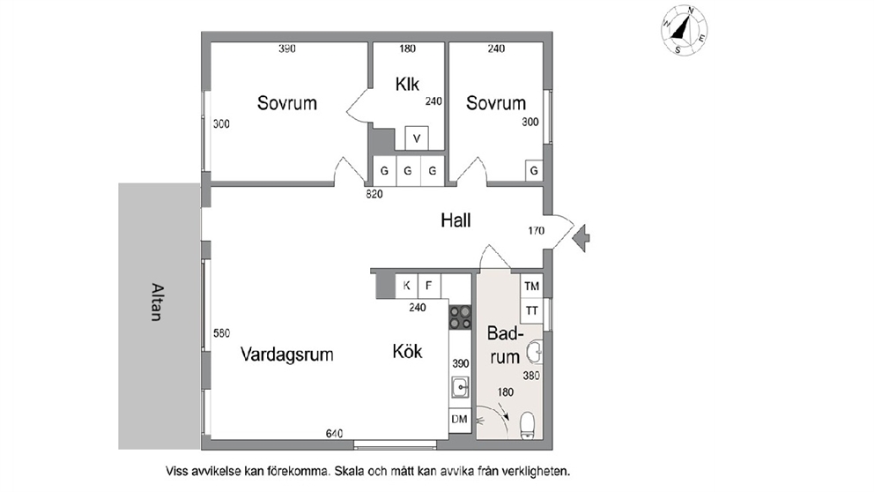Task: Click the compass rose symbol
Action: click(685, 30)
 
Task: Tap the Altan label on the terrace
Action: click(158, 302)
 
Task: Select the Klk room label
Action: click(407, 85)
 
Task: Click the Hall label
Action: click(456, 220)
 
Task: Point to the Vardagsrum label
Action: click(287, 354)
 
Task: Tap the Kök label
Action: click(407, 352)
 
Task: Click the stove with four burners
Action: click(461, 317)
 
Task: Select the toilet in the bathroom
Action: click(527, 426)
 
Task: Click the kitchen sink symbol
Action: click(460, 387)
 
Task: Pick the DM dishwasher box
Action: click(460, 419)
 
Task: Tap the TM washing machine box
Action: click(532, 287)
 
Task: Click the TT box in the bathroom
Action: click(532, 310)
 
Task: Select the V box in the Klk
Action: click(417, 138)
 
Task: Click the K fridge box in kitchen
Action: click(406, 286)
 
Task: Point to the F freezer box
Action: click(429, 286)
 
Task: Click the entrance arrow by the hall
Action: click(581, 238)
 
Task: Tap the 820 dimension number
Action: click(374, 194)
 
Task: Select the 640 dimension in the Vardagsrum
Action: click(335, 434)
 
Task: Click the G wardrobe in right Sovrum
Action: click(534, 171)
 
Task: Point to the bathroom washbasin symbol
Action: click(536, 353)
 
